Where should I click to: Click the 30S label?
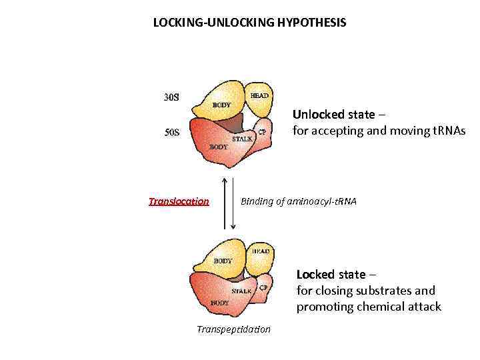[x=172, y=97]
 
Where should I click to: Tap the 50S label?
[x=172, y=131]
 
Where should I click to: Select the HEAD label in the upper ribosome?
[x=259, y=96]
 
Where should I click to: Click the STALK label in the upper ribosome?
[x=241, y=139]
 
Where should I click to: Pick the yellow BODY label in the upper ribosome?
[x=221, y=105]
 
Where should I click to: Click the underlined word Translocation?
[x=179, y=201]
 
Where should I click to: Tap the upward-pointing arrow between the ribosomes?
[x=224, y=203]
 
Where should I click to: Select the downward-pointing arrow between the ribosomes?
[x=233, y=203]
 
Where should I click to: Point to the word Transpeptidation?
[x=234, y=329]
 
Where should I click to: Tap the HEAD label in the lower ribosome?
[x=261, y=251]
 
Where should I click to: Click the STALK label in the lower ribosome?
[x=241, y=291]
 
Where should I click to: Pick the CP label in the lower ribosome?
[x=263, y=287]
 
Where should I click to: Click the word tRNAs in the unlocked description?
[x=448, y=131]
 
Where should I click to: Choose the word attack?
[x=423, y=307]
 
